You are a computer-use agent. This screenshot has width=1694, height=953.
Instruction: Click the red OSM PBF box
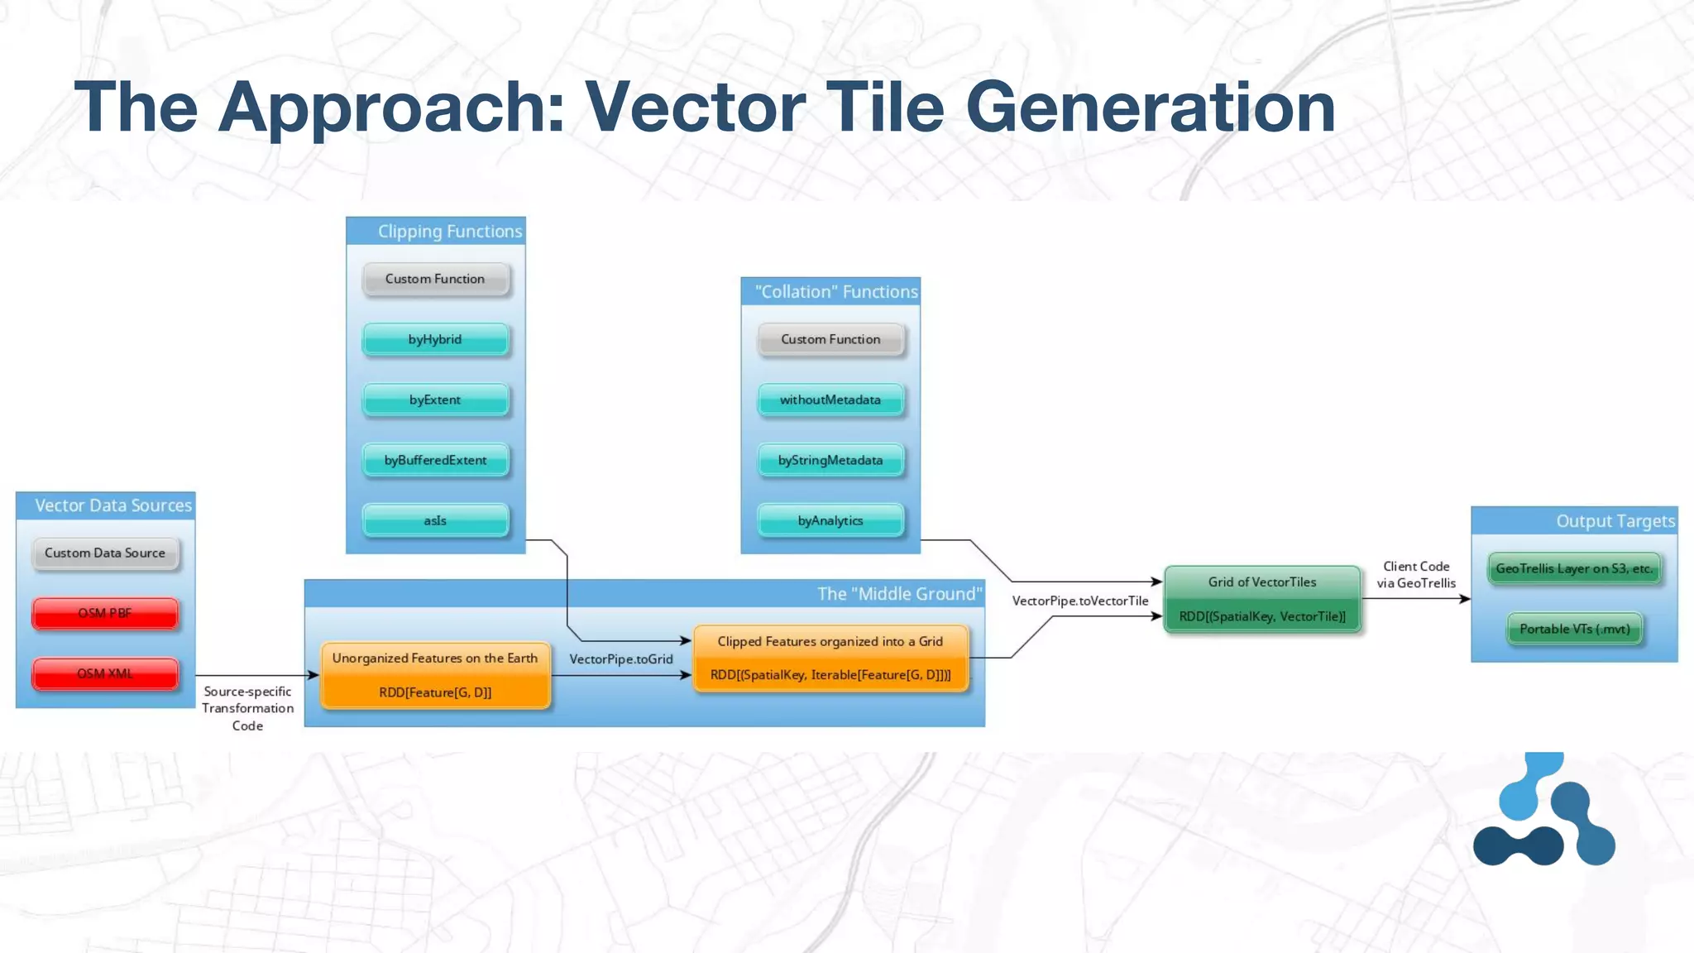(x=105, y=614)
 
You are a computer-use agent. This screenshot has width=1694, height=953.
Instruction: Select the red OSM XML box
(x=105, y=674)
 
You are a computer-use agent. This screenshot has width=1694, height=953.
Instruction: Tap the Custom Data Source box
(x=105, y=553)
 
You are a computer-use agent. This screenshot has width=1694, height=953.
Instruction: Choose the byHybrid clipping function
(x=435, y=339)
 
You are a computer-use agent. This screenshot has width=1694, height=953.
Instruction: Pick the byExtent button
(x=435, y=400)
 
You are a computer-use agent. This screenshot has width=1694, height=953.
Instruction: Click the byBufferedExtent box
(x=435, y=460)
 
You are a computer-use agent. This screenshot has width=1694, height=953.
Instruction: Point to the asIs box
(x=435, y=520)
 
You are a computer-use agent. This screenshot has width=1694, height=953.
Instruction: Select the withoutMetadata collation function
(x=830, y=400)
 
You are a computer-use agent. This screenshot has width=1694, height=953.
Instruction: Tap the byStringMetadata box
(x=830, y=460)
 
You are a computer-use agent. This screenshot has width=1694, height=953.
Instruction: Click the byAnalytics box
(x=830, y=520)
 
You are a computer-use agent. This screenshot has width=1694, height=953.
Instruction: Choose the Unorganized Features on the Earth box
(x=435, y=675)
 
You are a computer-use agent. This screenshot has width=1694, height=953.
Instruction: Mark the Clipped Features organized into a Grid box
(x=830, y=658)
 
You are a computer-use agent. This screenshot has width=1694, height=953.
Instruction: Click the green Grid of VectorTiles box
(x=1262, y=599)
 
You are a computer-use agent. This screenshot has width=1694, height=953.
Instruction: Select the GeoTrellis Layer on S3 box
(x=1574, y=569)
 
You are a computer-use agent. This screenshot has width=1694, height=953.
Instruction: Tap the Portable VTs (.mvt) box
(x=1574, y=629)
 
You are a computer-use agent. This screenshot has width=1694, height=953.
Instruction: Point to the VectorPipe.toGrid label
(x=621, y=659)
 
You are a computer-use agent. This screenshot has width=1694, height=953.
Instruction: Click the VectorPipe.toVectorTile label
(x=1080, y=601)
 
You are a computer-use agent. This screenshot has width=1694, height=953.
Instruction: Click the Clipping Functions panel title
(x=450, y=232)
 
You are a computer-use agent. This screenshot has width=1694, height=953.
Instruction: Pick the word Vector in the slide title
(x=694, y=108)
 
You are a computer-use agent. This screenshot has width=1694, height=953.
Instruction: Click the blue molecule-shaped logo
(x=1543, y=811)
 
